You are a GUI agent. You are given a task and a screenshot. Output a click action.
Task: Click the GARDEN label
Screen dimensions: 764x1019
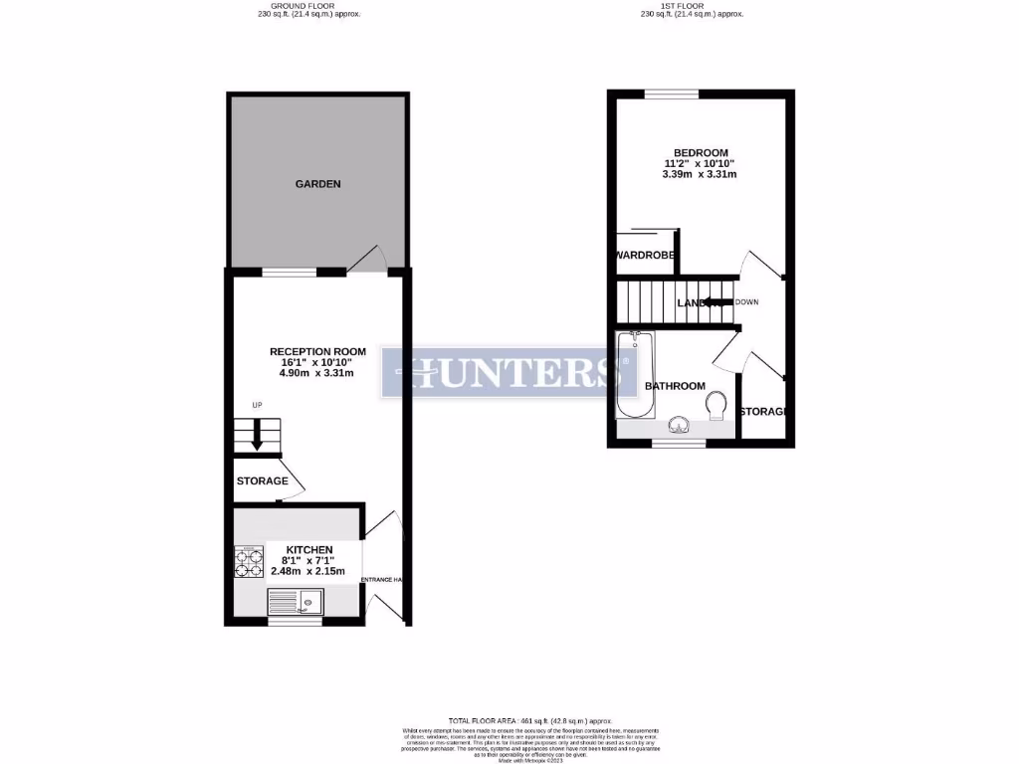click(x=317, y=184)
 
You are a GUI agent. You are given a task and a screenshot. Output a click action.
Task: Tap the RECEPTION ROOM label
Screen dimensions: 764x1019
click(x=317, y=351)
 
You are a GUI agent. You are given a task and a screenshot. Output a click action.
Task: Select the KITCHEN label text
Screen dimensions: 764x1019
click(x=309, y=550)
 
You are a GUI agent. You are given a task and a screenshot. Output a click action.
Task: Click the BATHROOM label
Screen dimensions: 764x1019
click(x=675, y=386)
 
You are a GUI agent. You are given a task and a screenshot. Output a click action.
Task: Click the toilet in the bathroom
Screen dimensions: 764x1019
click(x=713, y=406)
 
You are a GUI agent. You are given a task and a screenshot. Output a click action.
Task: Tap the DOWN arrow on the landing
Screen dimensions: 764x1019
click(x=718, y=302)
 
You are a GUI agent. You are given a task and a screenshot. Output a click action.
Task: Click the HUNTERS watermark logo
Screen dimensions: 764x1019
click(x=509, y=373)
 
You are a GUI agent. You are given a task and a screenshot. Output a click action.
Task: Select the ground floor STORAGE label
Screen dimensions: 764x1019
click(x=262, y=481)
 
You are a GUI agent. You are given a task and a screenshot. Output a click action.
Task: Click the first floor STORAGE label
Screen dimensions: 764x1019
click(x=763, y=411)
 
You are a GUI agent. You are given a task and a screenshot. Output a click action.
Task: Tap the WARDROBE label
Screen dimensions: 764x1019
click(x=646, y=256)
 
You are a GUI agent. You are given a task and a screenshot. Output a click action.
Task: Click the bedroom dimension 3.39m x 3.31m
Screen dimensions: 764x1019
click(x=700, y=175)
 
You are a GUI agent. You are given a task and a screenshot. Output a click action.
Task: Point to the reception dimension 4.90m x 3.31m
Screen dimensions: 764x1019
click(x=317, y=375)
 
